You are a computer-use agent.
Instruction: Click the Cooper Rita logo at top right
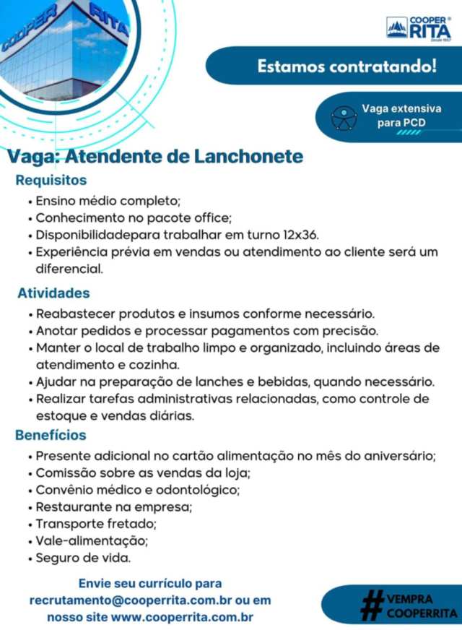[x=419, y=28]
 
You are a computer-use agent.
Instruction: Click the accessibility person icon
[x=344, y=116]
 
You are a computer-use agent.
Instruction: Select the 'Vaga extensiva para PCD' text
[x=401, y=116]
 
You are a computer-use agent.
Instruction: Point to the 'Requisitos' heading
[x=51, y=180]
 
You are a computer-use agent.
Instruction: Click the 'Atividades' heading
[x=54, y=293]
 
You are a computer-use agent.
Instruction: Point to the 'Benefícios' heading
[x=51, y=435]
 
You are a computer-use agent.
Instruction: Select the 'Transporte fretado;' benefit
[x=97, y=523]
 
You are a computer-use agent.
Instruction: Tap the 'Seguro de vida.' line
[x=84, y=558]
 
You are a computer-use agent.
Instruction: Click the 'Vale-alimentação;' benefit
[x=92, y=540]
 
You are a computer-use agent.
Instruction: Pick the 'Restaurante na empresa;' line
[x=114, y=506]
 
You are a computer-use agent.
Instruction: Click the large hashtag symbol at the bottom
[x=371, y=605]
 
